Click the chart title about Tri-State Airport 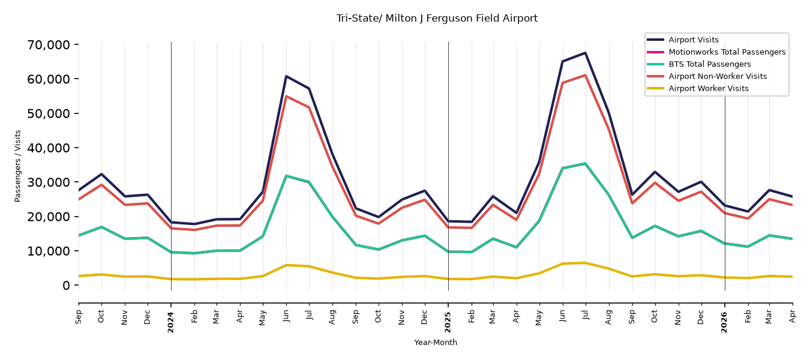(x=437, y=19)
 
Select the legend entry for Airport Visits (x=693, y=40)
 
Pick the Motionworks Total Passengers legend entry (x=727, y=52)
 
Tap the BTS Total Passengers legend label (x=709, y=64)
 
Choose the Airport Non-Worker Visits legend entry (x=718, y=76)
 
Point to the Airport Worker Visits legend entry (x=709, y=89)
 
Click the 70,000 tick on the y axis (x=49, y=45)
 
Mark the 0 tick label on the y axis (x=66, y=285)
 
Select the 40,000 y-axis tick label (x=49, y=148)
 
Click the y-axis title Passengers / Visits (x=18, y=166)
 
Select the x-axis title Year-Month (x=436, y=342)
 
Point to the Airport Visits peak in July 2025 (x=585, y=53)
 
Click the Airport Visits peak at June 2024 (x=286, y=76)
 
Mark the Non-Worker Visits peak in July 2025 (x=585, y=75)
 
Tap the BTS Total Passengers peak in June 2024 (x=286, y=176)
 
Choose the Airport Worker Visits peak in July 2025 (x=585, y=263)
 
